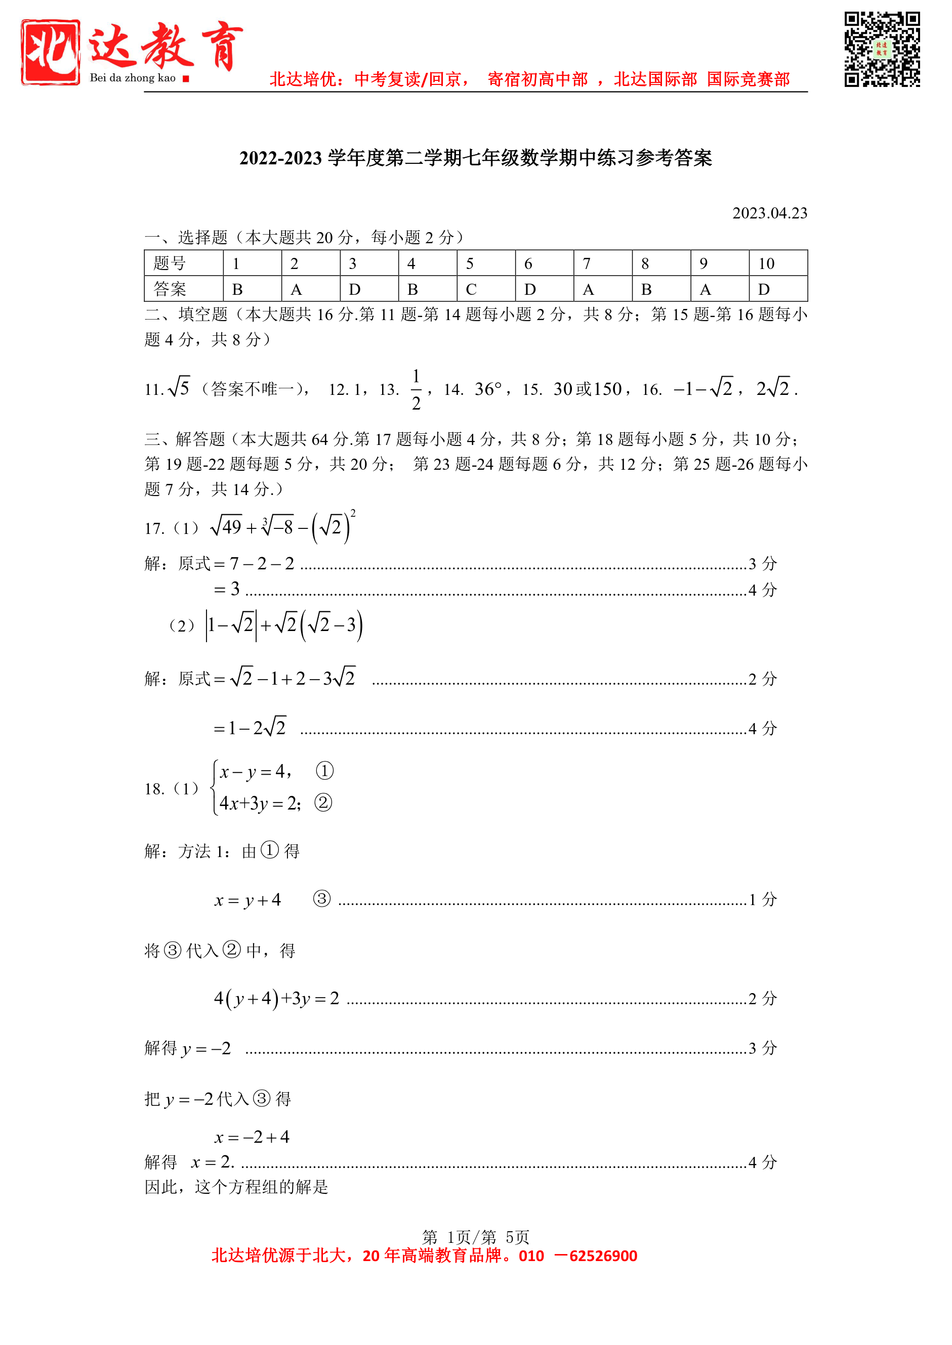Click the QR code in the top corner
pos(882,49)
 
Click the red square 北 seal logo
pos(51,52)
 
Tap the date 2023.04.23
pos(769,213)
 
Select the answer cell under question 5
pos(485,289)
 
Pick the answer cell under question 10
pos(777,289)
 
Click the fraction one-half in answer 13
pos(416,389)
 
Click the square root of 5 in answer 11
pos(179,387)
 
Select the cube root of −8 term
pos(277,527)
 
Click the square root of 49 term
pos(226,527)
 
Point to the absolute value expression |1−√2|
pos(231,625)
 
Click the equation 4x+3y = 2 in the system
pos(259,803)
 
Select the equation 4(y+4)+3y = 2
pos(276,998)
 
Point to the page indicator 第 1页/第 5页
pos(475,1237)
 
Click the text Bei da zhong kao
pos(133,78)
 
